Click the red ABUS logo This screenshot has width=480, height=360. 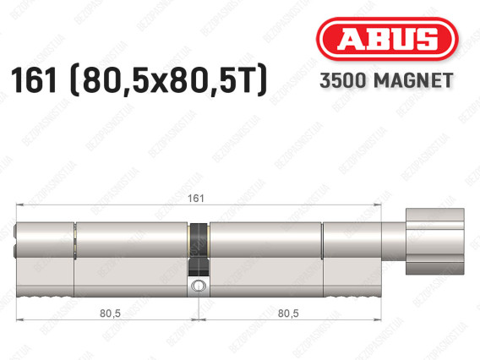coord(387,39)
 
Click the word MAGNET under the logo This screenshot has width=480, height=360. coord(413,80)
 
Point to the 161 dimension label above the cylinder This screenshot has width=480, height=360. coord(195,198)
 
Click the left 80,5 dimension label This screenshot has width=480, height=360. coord(110,314)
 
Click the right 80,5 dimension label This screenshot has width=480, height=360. coord(288,314)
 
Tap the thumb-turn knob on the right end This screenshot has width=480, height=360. coord(434,241)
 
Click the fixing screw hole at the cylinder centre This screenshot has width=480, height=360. coord(199,286)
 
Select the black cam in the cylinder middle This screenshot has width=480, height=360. coord(199,249)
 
